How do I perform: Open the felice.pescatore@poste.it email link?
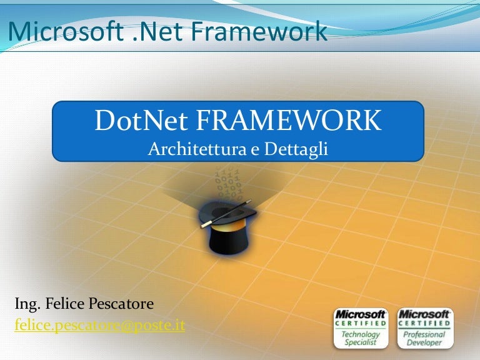coord(99,325)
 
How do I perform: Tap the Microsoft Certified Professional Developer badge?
coord(425,328)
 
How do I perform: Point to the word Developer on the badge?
coord(425,342)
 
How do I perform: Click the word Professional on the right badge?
coord(425,334)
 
